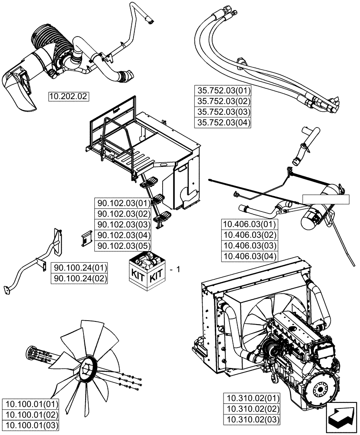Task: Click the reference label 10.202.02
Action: [x=68, y=96]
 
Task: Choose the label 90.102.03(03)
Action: [x=123, y=224]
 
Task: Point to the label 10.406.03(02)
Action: [x=249, y=235]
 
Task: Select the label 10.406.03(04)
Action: [x=249, y=256]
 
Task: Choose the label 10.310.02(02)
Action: [x=252, y=409]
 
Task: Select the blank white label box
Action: [x=326, y=200]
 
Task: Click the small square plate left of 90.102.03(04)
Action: [x=86, y=238]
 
